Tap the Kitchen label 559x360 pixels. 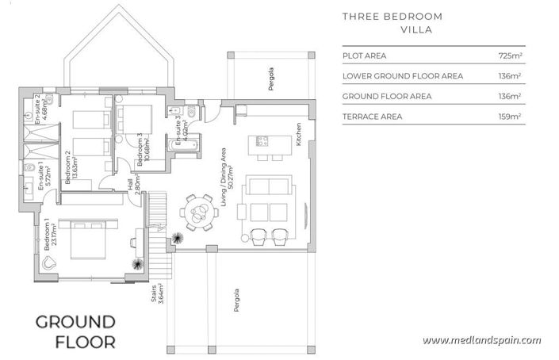click(299, 134)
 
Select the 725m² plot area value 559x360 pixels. click(509, 57)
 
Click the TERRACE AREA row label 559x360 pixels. click(372, 117)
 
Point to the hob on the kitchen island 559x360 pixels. click(261, 143)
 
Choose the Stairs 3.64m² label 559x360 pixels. click(156, 294)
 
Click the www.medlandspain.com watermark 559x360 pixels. click(481, 340)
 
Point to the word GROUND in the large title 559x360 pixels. click(76, 322)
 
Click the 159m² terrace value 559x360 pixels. click(509, 117)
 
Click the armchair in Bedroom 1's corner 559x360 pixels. click(51, 262)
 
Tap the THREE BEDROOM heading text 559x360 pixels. click(392, 16)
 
